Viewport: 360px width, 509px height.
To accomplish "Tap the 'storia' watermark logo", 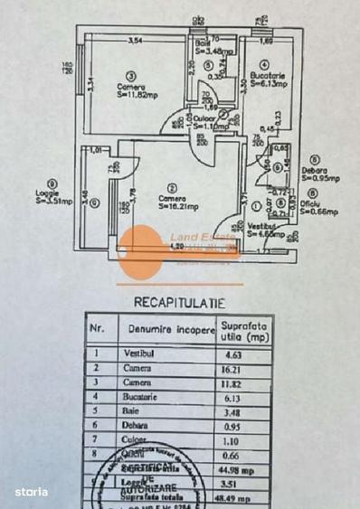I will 30,489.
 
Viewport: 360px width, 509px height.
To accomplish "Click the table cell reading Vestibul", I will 136,355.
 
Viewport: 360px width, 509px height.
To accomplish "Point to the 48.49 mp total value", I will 237,497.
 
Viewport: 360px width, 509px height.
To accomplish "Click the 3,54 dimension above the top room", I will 135,41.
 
